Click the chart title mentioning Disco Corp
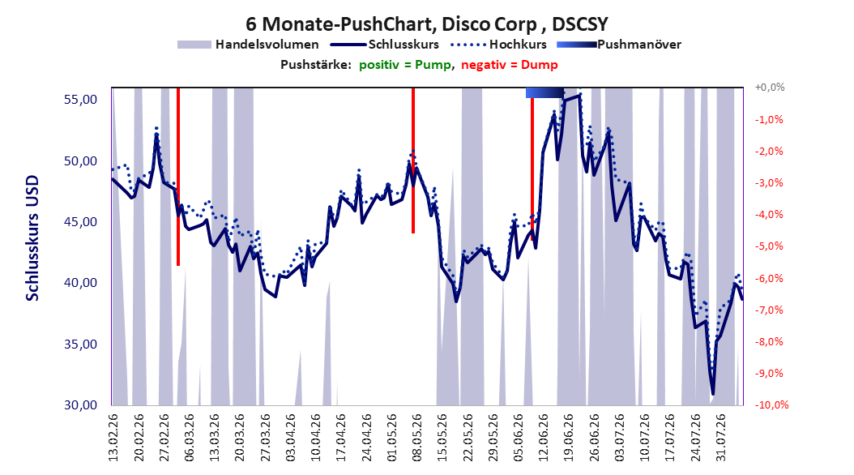[426, 24]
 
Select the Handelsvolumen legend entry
[248, 45]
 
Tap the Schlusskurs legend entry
[385, 45]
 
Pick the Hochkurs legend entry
[499, 45]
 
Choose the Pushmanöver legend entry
[619, 45]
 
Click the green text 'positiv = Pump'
[405, 65]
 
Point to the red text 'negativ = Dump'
[510, 65]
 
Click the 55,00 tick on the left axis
[80, 100]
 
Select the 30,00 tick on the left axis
[80, 404]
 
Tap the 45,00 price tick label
[80, 222]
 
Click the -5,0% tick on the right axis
[769, 246]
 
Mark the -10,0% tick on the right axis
[771, 404]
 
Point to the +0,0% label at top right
[770, 88]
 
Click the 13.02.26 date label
[113, 438]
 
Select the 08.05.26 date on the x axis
[417, 438]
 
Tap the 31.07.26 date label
[721, 438]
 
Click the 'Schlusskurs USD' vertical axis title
[32, 238]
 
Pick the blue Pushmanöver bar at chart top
[544, 92]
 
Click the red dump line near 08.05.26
[413, 160]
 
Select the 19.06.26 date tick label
[569, 438]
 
